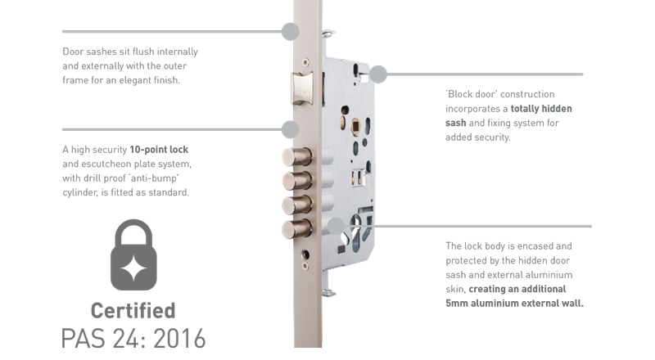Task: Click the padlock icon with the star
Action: click(133, 254)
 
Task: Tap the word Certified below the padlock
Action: click(133, 311)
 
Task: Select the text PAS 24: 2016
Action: click(133, 338)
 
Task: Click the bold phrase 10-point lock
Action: click(159, 150)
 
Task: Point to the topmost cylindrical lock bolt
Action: click(296, 157)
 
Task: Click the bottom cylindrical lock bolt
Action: click(296, 229)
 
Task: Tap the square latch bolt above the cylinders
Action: click(302, 88)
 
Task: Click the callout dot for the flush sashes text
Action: click(291, 31)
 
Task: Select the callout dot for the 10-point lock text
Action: click(291, 129)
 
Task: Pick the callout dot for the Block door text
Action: click(378, 74)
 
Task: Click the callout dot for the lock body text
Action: click(336, 226)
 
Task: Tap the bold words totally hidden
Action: click(541, 109)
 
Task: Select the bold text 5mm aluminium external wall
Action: click(515, 304)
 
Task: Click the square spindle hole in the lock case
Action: click(355, 126)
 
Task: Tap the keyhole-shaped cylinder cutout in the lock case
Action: click(355, 232)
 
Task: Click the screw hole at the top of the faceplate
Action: click(305, 62)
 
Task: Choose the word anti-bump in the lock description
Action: click(155, 178)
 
